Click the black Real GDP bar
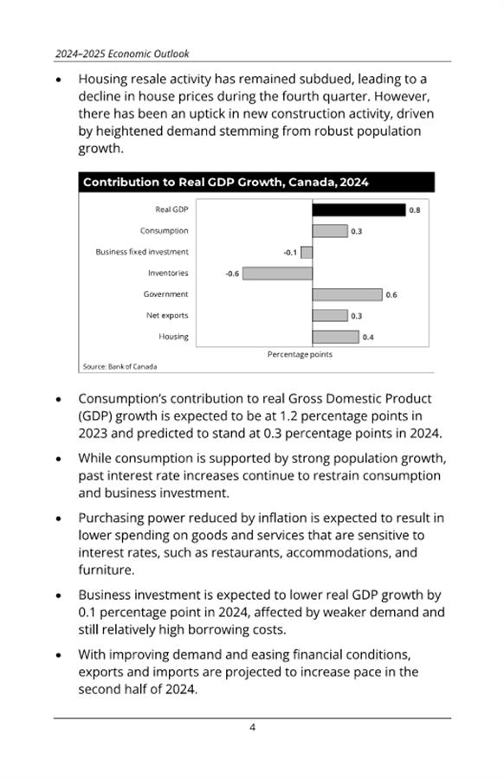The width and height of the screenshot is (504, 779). tap(359, 209)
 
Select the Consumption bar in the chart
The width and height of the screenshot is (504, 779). tap(330, 231)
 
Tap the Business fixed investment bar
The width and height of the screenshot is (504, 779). tap(307, 253)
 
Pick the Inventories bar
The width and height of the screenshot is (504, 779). tap(277, 274)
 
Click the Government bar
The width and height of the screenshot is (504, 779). tap(347, 294)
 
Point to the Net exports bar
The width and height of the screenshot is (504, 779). tap(330, 315)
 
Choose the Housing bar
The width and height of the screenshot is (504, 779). tap(335, 337)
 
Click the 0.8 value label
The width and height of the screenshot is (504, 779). tap(415, 210)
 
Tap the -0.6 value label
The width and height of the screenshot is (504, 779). tap(232, 274)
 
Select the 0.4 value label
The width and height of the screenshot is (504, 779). tap(368, 338)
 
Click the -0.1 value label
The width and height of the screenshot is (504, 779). tap(290, 253)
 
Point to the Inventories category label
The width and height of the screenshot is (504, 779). tap(168, 274)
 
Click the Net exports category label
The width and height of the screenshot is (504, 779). tap(167, 315)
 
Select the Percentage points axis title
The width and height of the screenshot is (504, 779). tap(300, 354)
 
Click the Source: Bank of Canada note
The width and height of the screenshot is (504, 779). tap(120, 367)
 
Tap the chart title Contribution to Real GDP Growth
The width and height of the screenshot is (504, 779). tap(226, 183)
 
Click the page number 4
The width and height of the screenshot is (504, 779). tap(253, 727)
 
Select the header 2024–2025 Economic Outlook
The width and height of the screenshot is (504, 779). tap(122, 54)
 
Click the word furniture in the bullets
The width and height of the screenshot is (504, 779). tap(105, 570)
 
